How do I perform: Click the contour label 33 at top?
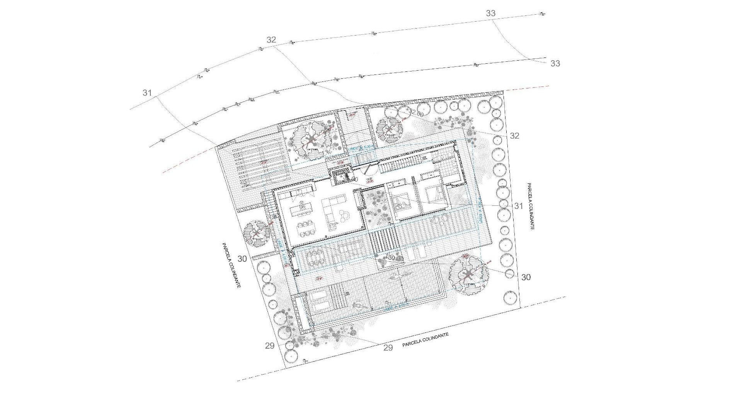click(x=490, y=13)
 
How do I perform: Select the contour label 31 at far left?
click(x=147, y=93)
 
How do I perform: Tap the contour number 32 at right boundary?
click(x=514, y=136)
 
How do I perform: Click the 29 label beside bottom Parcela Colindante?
click(x=388, y=347)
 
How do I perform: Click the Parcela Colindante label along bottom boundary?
click(x=425, y=340)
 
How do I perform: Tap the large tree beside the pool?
click(x=468, y=275)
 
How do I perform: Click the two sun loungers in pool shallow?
click(x=320, y=301)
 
